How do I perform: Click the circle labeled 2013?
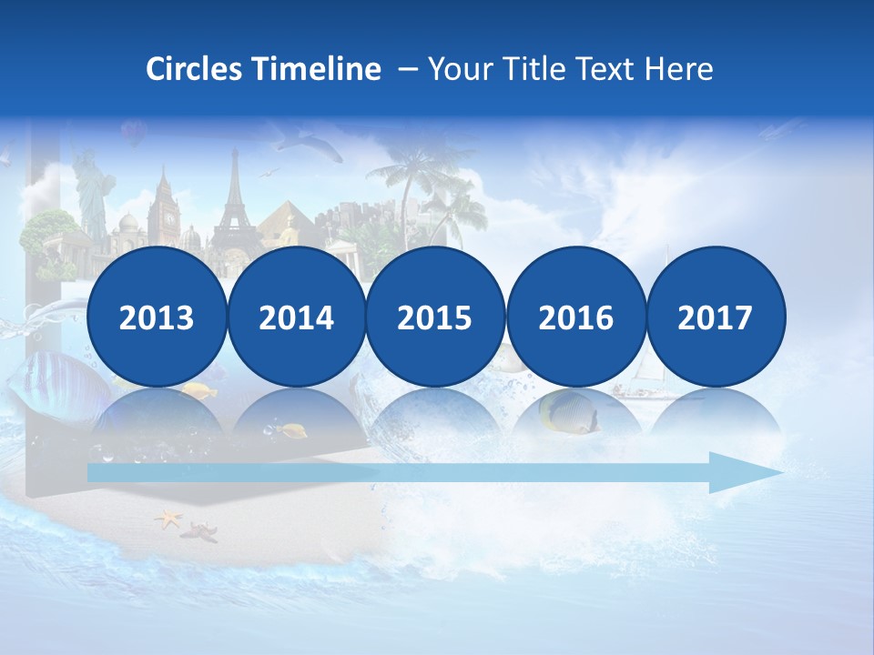157,317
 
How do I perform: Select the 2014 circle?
297,317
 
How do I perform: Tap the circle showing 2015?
435,317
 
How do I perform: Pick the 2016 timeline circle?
576,317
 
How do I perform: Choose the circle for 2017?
716,317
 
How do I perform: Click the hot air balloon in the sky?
134,134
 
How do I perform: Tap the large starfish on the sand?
168,519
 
